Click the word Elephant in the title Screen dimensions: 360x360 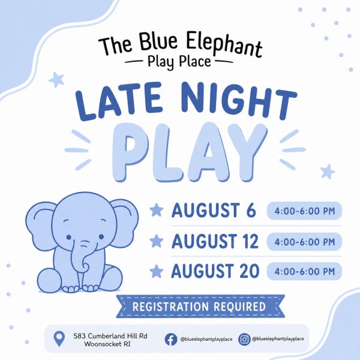224,45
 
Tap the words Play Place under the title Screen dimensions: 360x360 179,62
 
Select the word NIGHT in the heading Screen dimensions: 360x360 239,100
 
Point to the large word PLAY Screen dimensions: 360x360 190,152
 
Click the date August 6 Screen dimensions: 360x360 214,210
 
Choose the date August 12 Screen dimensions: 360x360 215,241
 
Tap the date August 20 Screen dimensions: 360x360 215,271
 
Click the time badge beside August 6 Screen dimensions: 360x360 304,211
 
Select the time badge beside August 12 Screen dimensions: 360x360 304,242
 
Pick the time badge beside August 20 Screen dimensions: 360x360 304,271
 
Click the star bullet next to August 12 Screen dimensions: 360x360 157,241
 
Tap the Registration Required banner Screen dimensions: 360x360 200,306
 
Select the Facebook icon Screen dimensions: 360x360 171,340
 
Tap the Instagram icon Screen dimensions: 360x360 244,340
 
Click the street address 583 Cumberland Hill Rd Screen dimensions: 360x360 110,336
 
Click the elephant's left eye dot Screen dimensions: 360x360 69,237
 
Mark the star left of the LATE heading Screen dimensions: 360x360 56,80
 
